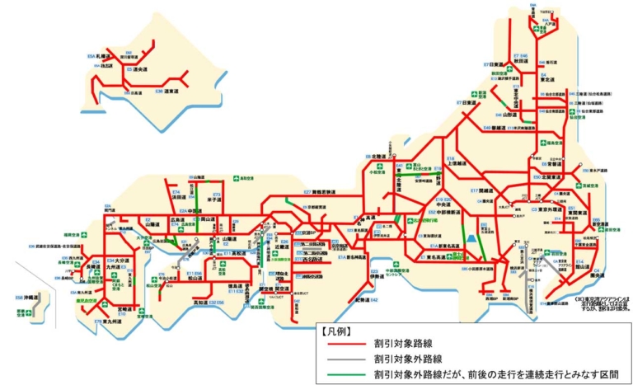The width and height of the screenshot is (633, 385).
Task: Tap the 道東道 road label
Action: [171, 91]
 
